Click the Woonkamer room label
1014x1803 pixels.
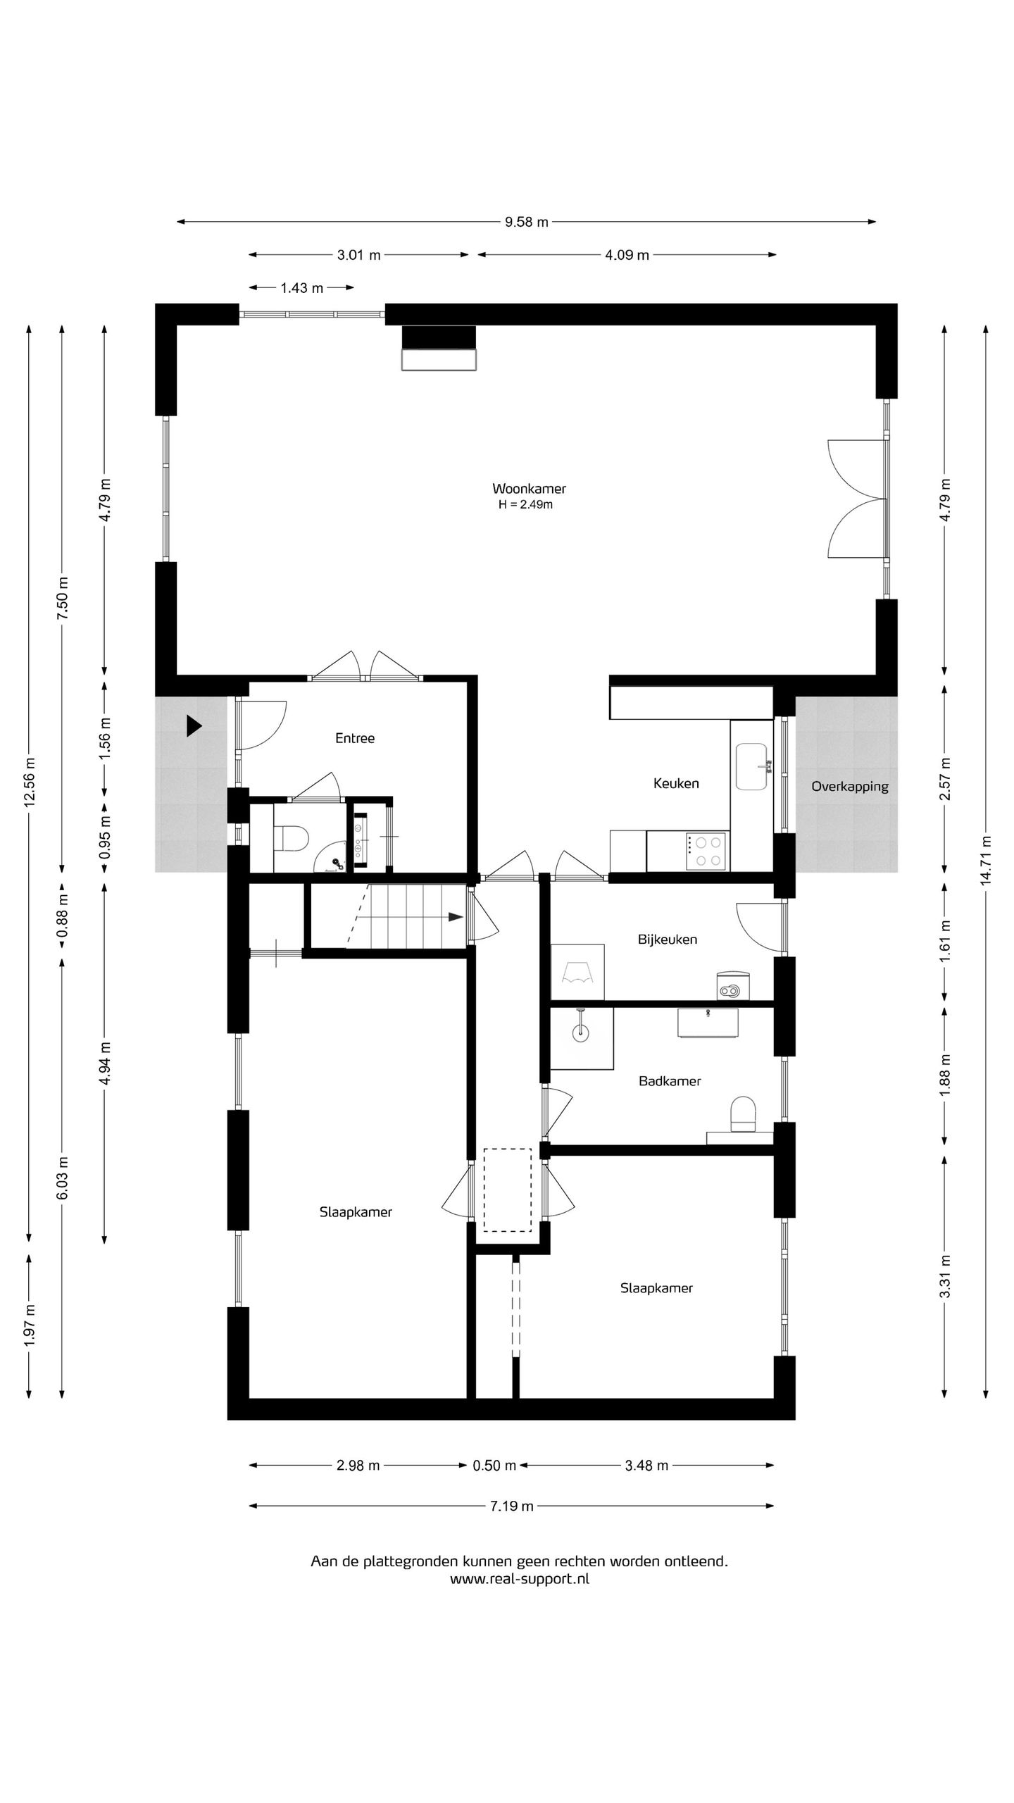click(529, 489)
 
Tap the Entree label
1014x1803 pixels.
click(355, 738)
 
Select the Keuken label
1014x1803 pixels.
click(676, 783)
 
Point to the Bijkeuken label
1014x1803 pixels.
click(668, 940)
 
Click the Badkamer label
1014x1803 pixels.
click(670, 1081)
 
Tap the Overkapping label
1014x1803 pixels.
click(850, 787)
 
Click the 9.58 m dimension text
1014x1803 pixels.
click(526, 223)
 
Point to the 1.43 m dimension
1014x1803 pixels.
click(301, 287)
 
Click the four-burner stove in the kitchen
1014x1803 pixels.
click(707, 851)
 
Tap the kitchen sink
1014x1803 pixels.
click(752, 766)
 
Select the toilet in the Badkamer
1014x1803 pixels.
click(744, 1113)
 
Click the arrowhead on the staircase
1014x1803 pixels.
click(456, 917)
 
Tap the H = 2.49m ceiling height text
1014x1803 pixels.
click(525, 505)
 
